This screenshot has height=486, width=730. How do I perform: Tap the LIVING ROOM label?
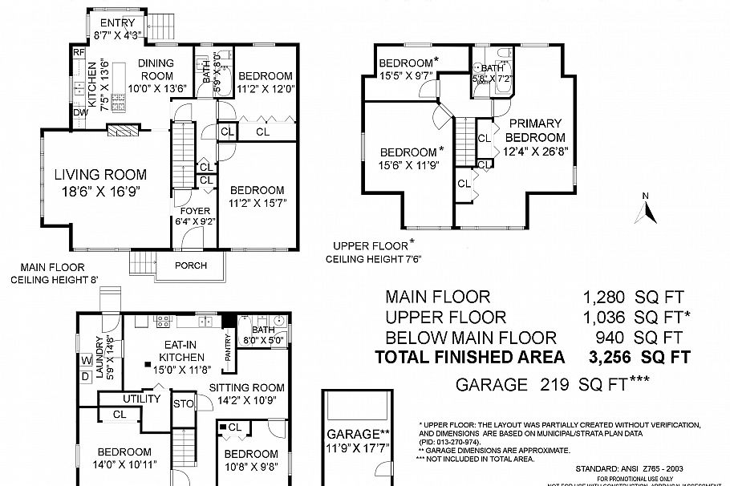click(100, 174)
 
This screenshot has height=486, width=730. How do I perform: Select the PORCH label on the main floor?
click(190, 265)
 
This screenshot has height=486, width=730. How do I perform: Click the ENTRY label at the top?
click(117, 22)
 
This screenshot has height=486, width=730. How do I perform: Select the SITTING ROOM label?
click(247, 387)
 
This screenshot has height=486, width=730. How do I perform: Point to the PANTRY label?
click(227, 350)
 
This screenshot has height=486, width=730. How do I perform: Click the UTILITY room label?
click(141, 399)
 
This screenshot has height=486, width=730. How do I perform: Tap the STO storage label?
click(184, 404)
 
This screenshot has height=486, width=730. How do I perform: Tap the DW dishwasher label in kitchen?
click(79, 113)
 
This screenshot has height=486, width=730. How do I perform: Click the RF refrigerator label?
click(79, 52)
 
